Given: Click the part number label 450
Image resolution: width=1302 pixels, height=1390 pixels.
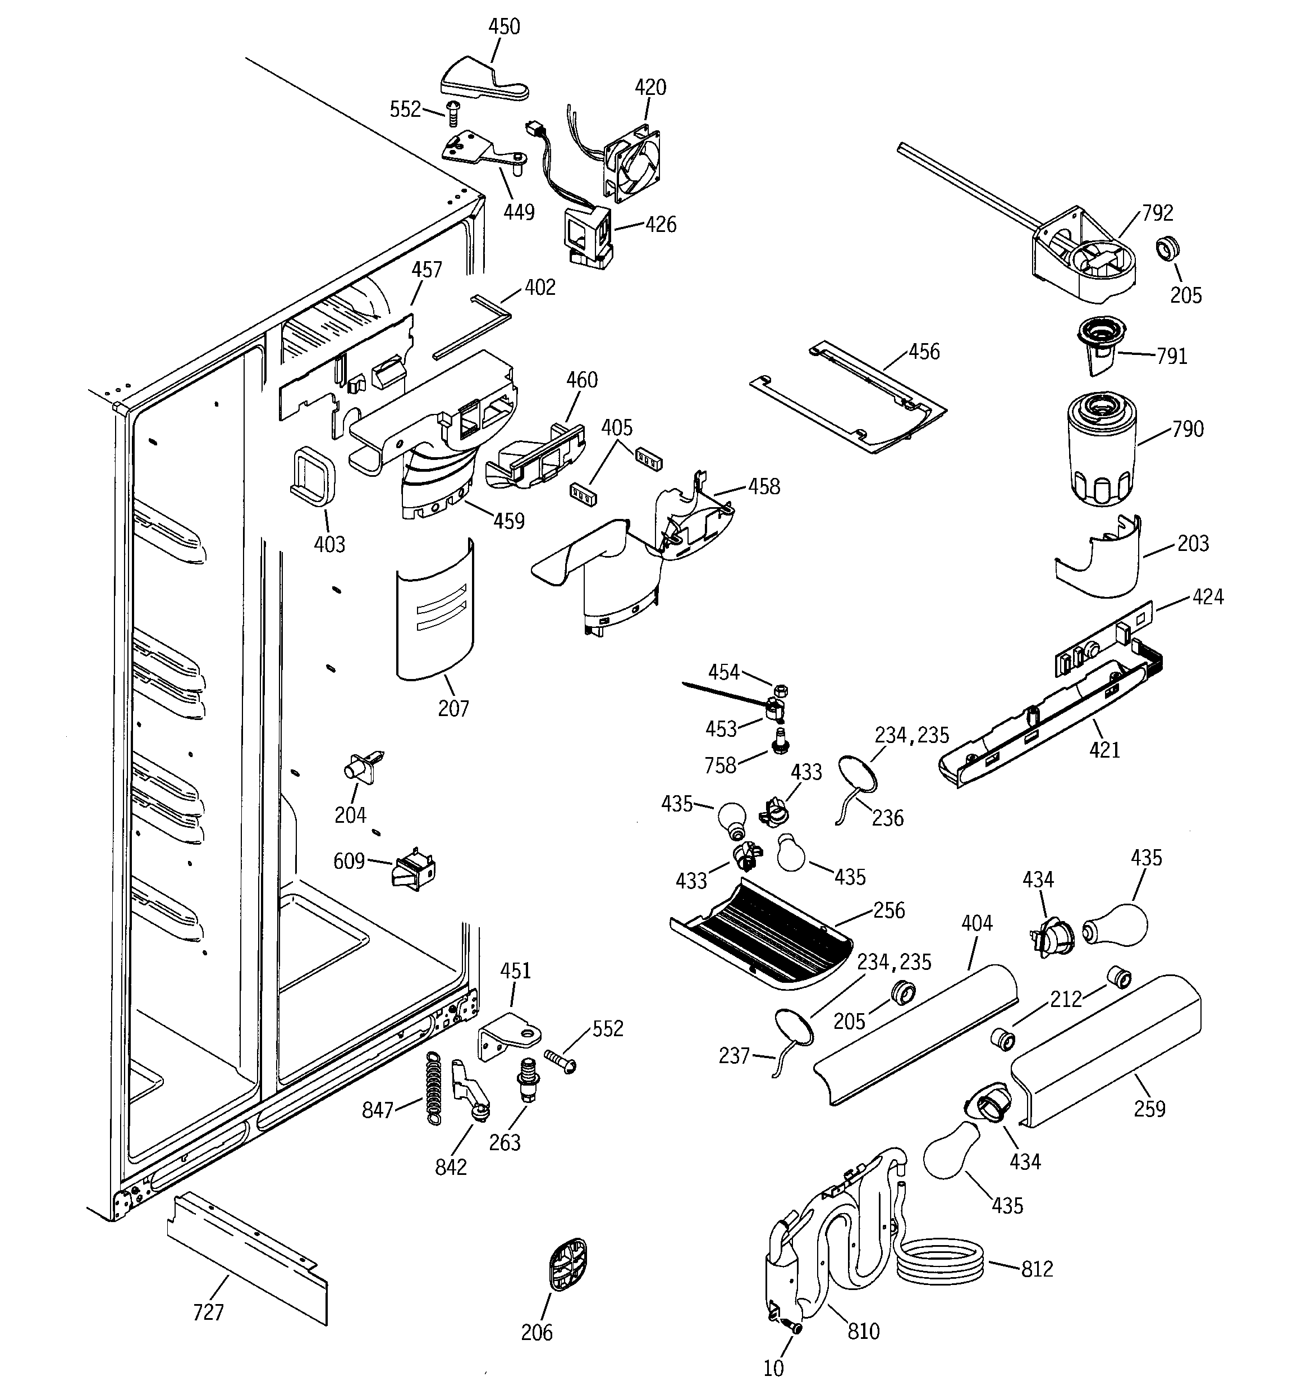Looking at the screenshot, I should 504,26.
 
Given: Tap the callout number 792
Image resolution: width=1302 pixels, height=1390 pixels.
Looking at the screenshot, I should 1157,212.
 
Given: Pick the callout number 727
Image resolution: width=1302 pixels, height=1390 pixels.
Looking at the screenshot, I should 208,1312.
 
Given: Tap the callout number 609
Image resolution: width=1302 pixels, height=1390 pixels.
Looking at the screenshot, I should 349,861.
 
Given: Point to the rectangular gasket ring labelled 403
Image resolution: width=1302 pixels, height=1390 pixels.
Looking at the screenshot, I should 313,475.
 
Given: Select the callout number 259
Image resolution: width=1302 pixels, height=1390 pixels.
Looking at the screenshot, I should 1150,1108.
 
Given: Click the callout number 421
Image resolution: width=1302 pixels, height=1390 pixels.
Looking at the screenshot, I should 1104,750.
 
